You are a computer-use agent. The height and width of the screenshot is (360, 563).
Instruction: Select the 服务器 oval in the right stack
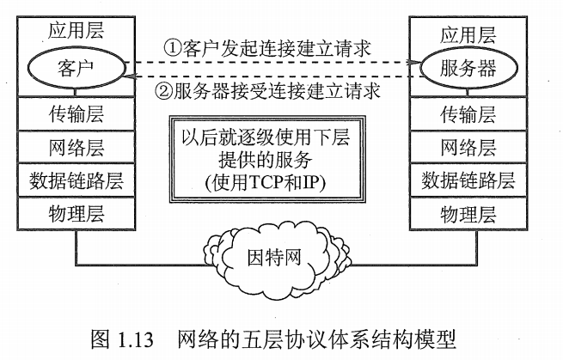(468, 66)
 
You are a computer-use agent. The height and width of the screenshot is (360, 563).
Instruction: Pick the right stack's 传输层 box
(468, 113)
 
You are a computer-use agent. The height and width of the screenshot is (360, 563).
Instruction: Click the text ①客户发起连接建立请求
(266, 47)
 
